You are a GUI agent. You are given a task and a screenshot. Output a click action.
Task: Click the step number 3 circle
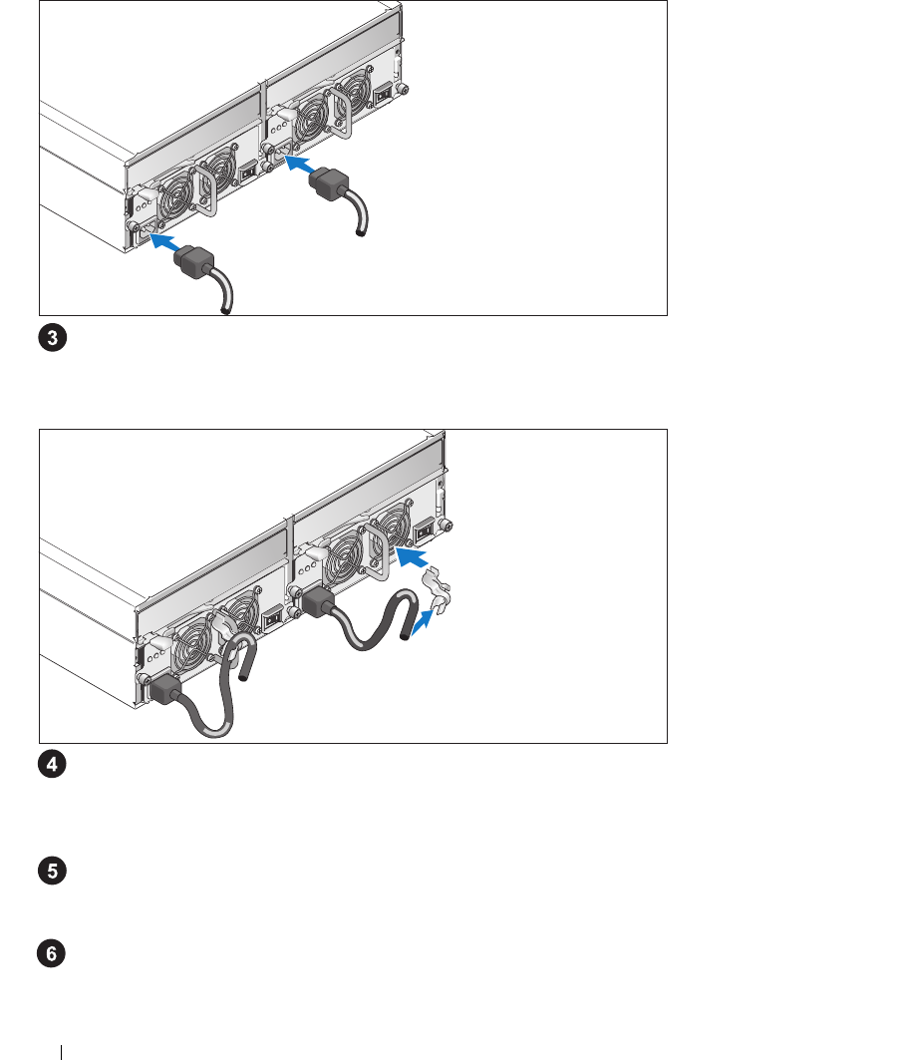tap(53, 337)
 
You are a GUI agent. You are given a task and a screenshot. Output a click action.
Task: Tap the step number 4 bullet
tap(52, 765)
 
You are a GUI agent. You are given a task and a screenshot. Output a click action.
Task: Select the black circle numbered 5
tap(52, 871)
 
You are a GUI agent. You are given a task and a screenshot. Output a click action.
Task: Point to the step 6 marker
tap(52, 954)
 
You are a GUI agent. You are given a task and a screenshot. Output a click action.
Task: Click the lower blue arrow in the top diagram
tap(165, 241)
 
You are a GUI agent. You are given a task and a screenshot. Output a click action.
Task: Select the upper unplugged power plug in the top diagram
tap(329, 185)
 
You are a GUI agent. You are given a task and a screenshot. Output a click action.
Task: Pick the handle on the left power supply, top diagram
tap(204, 191)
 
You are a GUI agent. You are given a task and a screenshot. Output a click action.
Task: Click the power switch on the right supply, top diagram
tap(383, 94)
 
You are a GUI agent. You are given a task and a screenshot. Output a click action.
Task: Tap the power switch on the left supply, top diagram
tap(248, 173)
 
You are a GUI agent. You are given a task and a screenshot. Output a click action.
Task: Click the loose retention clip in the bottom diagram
tap(437, 592)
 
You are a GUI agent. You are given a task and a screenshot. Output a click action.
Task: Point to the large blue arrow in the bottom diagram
tap(412, 557)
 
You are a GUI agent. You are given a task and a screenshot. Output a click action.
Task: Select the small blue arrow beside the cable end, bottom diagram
tap(423, 621)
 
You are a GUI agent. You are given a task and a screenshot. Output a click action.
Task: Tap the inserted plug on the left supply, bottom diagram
tap(165, 689)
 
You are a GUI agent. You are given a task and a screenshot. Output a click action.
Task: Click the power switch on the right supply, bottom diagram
tap(424, 531)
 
